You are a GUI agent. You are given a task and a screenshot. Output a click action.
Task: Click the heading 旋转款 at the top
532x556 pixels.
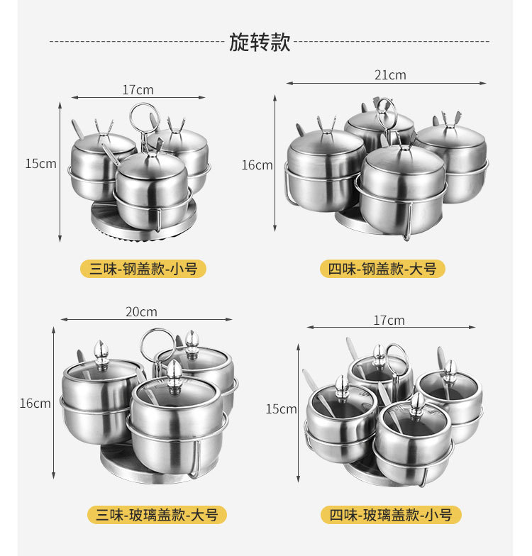pyautogui.click(x=260, y=42)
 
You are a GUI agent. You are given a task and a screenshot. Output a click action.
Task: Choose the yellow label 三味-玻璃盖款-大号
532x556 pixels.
pyautogui.click(x=153, y=515)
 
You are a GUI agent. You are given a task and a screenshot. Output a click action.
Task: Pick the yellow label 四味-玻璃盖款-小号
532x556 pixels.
pyautogui.click(x=390, y=515)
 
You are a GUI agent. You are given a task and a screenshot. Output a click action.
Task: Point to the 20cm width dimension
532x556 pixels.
pyautogui.click(x=142, y=312)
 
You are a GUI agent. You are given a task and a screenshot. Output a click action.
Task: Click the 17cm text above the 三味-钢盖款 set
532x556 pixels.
pyautogui.click(x=138, y=90)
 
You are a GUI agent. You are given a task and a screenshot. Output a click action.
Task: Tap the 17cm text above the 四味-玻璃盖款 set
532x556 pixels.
pyautogui.click(x=389, y=321)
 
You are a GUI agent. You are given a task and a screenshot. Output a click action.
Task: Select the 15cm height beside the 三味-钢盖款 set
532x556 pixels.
pyautogui.click(x=40, y=164)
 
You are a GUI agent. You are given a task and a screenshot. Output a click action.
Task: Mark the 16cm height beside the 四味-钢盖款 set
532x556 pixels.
pyautogui.click(x=257, y=165)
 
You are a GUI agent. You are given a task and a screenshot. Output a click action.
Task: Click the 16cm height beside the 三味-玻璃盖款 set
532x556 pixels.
pyautogui.click(x=35, y=404)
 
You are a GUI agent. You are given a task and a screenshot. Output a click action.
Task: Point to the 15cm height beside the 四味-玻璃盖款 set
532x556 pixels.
pyautogui.click(x=282, y=409)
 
